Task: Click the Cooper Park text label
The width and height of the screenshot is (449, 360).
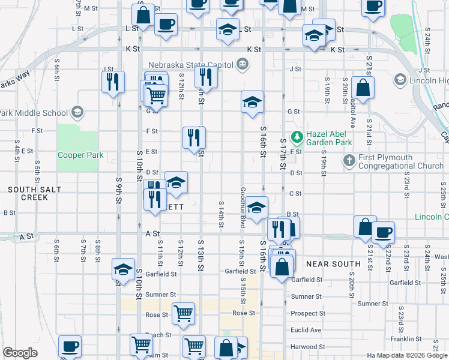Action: tap(80, 155)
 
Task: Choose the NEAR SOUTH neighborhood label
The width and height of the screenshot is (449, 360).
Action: tap(333, 263)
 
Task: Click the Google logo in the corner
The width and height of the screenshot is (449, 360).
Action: tap(20, 353)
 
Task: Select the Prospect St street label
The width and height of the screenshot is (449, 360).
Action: tap(308, 313)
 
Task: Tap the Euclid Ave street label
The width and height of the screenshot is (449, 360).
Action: tap(306, 329)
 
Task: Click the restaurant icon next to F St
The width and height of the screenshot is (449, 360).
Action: tap(194, 137)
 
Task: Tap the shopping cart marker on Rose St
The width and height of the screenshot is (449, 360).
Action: tap(183, 313)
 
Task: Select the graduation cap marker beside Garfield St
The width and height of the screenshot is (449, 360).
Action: tap(123, 271)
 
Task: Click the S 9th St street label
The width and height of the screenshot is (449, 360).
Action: tap(119, 191)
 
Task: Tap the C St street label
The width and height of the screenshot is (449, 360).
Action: tap(295, 193)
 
